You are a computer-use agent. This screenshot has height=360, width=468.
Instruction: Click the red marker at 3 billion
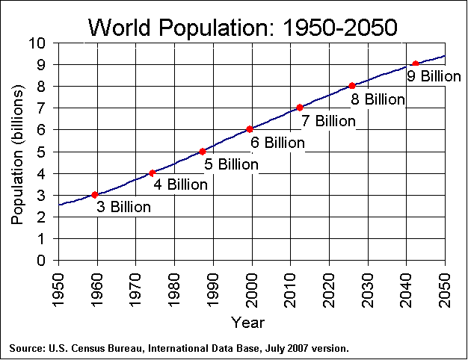click(95, 195)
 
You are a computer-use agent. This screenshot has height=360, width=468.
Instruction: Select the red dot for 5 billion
click(203, 152)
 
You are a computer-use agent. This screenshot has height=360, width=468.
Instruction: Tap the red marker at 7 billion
click(300, 108)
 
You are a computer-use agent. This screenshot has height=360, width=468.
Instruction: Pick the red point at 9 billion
click(415, 63)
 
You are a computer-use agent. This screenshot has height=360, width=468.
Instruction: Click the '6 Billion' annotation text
click(277, 143)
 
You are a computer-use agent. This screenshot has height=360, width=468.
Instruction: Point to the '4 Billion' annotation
click(181, 184)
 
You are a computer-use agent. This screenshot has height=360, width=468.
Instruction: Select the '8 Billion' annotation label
click(378, 99)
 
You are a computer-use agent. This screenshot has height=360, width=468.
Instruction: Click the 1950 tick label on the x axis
click(58, 291)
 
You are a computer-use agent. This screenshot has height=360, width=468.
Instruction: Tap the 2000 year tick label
click(252, 291)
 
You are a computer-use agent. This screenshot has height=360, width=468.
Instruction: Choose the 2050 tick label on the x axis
click(445, 291)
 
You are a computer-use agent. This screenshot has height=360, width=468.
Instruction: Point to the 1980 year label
click(174, 291)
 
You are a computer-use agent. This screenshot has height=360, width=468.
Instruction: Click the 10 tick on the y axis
click(37, 43)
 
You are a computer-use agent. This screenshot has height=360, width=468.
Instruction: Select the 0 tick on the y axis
click(41, 261)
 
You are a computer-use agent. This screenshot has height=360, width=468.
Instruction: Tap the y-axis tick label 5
click(41, 152)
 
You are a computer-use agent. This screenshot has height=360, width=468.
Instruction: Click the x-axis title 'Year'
click(248, 323)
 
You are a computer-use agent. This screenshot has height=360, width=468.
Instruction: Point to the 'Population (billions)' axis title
click(17, 155)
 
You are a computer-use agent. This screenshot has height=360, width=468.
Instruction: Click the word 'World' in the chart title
click(120, 27)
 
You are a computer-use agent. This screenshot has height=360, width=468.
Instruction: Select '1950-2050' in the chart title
click(339, 27)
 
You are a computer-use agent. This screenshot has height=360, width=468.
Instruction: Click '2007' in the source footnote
click(298, 348)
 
